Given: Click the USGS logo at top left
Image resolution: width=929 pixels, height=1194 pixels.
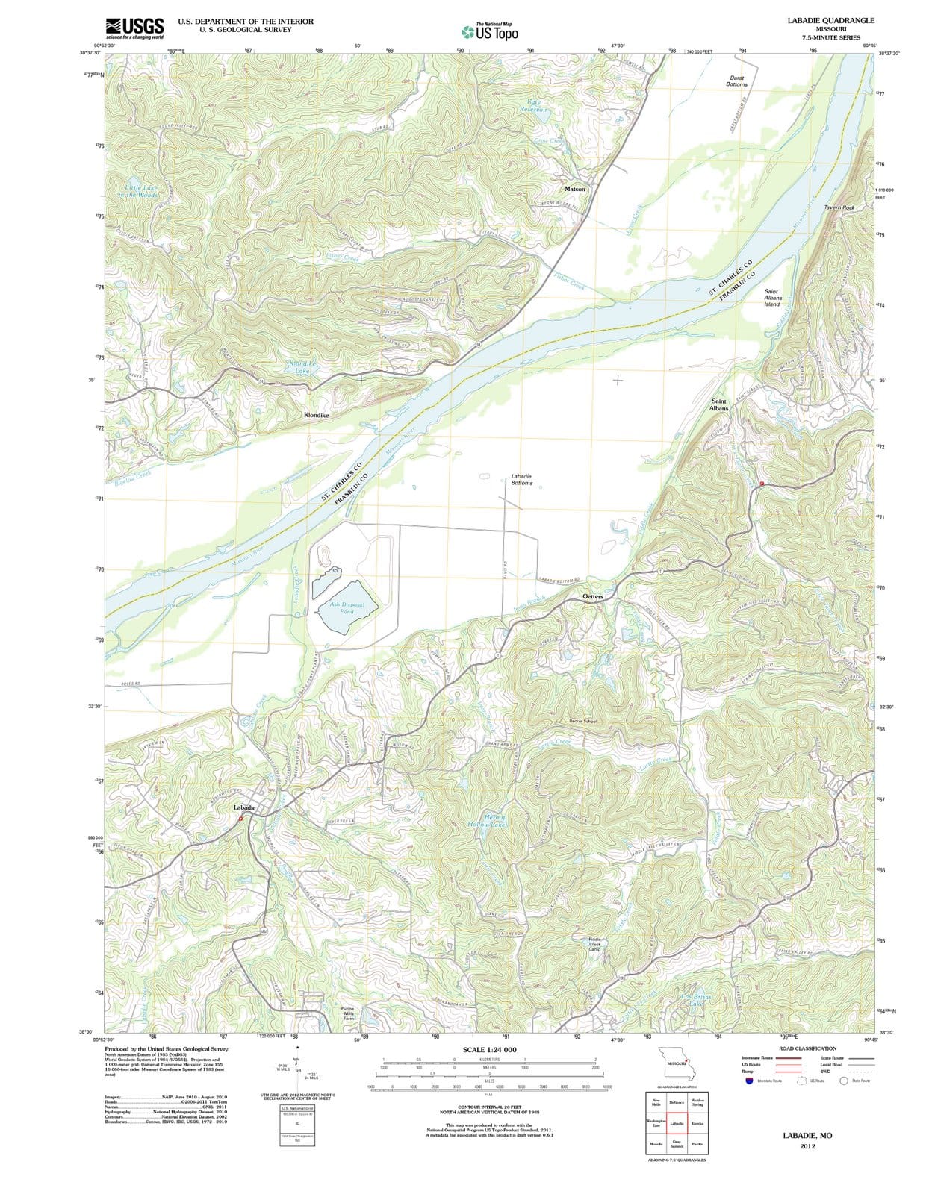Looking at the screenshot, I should click(x=134, y=28).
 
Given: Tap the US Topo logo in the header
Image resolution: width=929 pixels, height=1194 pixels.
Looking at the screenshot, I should click(x=489, y=32).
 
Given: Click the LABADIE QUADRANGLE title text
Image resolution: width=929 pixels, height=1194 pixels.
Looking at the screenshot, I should click(x=830, y=21).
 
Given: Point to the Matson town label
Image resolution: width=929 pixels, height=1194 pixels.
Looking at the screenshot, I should click(x=575, y=190).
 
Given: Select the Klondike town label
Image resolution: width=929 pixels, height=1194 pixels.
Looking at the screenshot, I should click(x=316, y=414).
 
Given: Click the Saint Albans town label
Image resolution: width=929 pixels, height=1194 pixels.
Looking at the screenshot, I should click(x=718, y=404).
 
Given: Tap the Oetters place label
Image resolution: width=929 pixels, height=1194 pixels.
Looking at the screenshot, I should click(x=592, y=597).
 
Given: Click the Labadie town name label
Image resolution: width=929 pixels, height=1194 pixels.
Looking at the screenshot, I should click(x=244, y=807).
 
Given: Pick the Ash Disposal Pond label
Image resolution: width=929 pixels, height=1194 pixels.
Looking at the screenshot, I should click(x=347, y=607).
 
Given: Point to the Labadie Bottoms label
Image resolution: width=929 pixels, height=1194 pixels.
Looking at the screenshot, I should click(x=521, y=479).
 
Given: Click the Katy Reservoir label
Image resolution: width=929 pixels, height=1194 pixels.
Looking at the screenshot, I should click(x=534, y=105).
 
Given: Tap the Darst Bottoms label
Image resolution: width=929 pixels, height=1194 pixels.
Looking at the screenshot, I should click(x=736, y=81).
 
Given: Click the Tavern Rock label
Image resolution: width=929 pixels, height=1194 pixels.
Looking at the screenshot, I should click(x=839, y=207).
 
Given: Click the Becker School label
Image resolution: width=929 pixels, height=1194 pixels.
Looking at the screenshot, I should click(x=583, y=722).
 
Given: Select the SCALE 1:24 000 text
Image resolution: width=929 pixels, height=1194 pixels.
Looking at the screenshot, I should click(x=489, y=1050).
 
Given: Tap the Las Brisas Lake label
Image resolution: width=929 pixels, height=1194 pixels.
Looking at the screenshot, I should click(x=697, y=1001).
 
